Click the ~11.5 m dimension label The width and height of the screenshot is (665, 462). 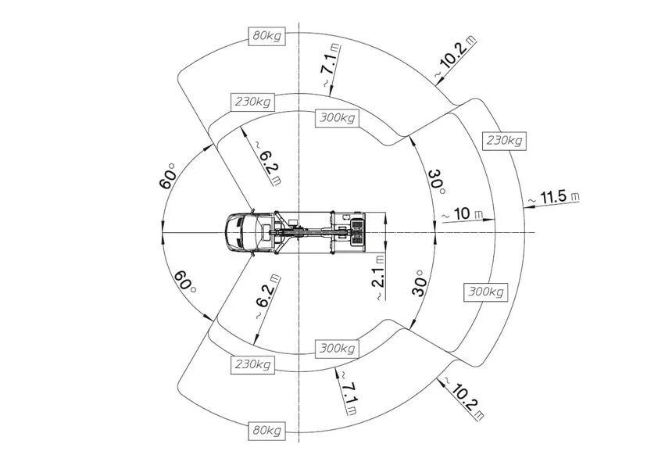553,198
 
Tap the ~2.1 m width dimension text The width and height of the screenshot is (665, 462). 379,278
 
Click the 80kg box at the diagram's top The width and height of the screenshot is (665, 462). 266,36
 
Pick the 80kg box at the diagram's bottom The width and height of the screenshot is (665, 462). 266,431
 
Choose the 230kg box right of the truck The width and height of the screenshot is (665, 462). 504,140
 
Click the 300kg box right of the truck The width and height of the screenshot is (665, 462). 486,292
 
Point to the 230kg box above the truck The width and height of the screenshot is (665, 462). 252,102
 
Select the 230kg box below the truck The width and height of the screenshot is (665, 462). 252,365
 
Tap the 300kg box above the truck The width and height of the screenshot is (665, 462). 337,117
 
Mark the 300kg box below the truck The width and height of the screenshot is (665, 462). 337,349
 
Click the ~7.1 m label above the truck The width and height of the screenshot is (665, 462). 331,66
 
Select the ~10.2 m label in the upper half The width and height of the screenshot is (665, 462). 455,58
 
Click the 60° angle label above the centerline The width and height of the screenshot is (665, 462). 167,176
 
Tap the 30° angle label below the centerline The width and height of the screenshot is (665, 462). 419,283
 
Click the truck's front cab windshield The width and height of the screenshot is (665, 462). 234,232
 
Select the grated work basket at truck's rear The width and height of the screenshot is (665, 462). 358,232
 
